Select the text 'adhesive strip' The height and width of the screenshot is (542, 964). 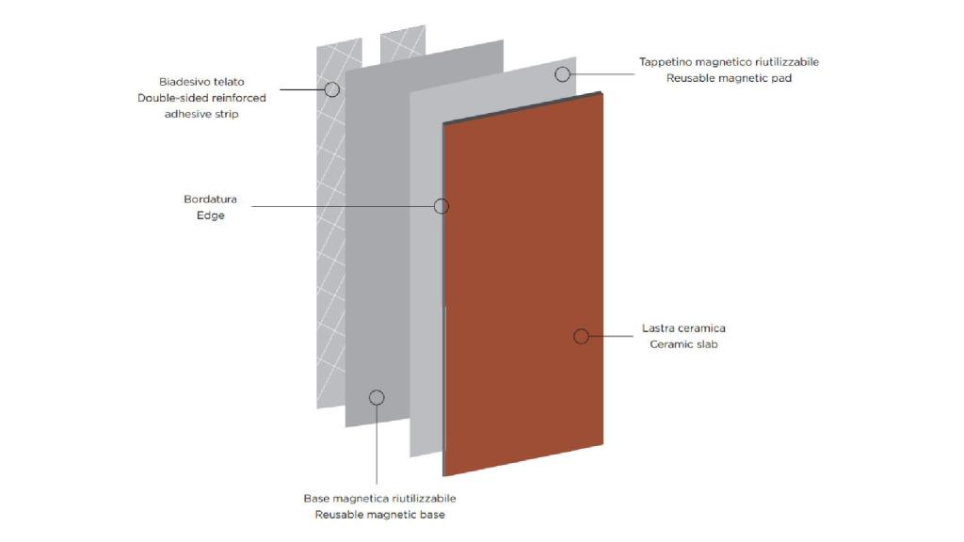[201, 114]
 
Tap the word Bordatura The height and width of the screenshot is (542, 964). [210, 199]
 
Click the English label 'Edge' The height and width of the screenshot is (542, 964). [210, 215]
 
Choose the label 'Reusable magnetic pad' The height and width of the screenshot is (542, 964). [730, 78]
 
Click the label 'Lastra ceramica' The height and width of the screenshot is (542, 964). [683, 328]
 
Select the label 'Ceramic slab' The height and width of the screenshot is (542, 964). [683, 344]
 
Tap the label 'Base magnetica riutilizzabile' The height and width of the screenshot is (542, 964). [380, 499]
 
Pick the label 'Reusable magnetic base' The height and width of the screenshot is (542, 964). [380, 515]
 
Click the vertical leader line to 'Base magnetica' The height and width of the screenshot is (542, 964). [377, 445]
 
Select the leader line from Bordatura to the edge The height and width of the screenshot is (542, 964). [343, 206]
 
